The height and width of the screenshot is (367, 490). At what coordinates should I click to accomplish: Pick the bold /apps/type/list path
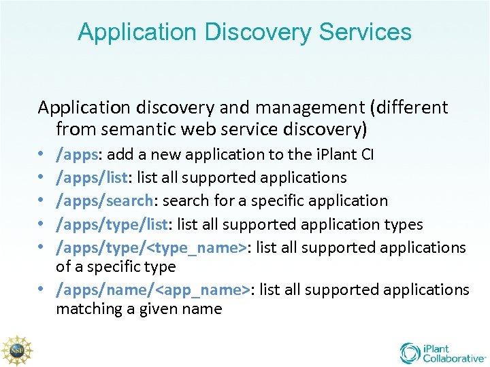[114, 224]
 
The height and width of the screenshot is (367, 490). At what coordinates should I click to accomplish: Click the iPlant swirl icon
[410, 353]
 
